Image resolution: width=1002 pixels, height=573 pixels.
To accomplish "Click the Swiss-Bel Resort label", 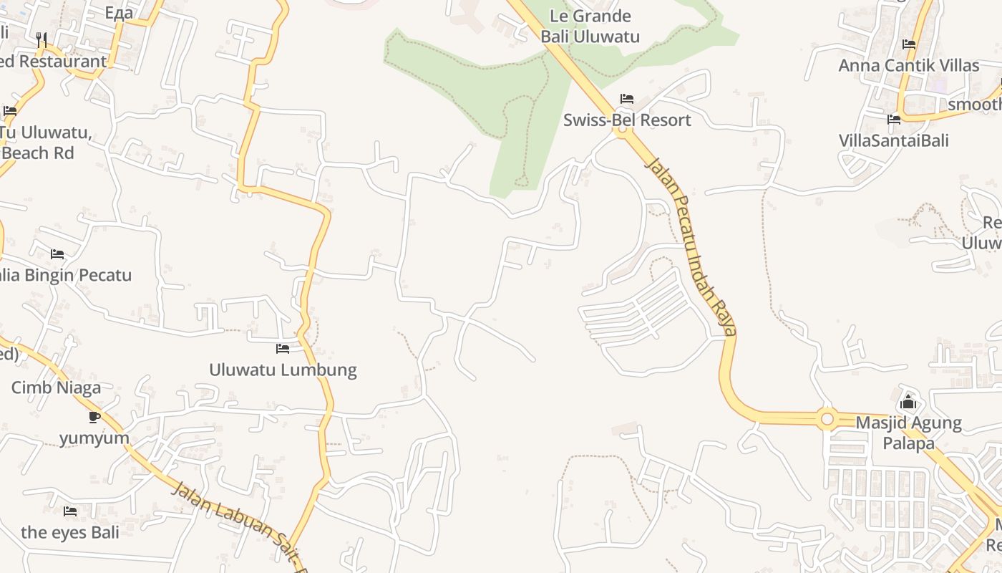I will tap(627, 120).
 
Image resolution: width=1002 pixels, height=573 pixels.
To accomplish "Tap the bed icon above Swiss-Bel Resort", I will tap(627, 98).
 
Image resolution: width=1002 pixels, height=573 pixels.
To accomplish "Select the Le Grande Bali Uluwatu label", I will tap(590, 27).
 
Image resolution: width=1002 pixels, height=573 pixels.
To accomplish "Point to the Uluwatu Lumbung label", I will tap(283, 370).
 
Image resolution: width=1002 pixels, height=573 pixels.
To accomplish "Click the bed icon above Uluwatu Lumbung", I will tap(283, 349).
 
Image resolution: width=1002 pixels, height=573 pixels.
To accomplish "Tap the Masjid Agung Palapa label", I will tap(908, 433).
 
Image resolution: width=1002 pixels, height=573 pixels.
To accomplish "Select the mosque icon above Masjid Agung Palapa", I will tap(908, 402).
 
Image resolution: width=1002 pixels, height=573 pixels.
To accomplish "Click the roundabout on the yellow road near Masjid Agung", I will tap(827, 418).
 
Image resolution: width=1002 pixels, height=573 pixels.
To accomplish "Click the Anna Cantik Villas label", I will tap(908, 65).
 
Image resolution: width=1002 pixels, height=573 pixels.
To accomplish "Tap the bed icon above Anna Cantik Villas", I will tap(909, 44).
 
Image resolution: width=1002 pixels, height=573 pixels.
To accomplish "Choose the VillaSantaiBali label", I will tap(893, 140).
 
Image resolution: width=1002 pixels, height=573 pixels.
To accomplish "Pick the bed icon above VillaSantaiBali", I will tap(893, 119).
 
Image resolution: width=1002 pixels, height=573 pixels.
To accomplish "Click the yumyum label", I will tap(94, 438).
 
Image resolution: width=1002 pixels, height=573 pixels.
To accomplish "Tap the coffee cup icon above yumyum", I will tap(94, 417).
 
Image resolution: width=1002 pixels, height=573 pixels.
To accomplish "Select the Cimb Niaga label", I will tap(56, 387).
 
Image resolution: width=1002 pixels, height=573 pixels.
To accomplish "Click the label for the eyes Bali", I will tap(70, 532).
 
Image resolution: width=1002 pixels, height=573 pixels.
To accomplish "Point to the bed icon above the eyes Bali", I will tap(70, 511).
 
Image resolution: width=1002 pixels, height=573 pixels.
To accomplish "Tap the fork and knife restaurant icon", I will tap(42, 39).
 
